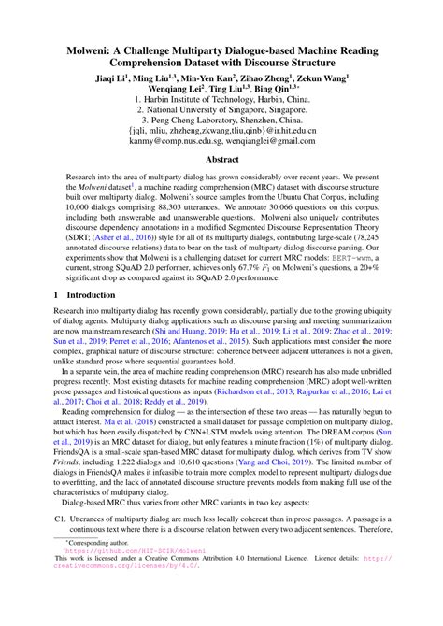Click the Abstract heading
click(221, 186)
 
